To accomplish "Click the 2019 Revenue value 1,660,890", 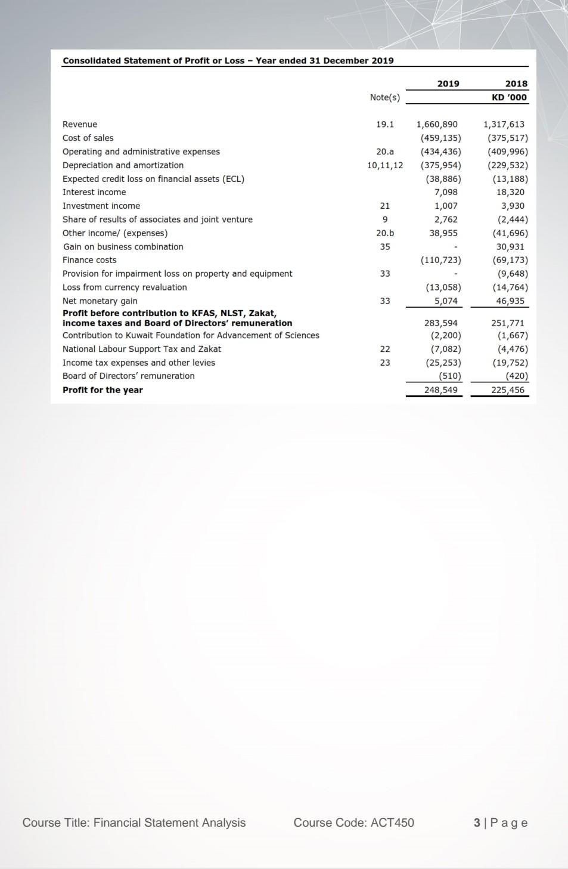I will click(x=437, y=124).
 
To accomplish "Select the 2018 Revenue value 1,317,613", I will click(x=504, y=124).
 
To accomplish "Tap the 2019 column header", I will click(x=448, y=84).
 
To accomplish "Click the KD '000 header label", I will click(x=508, y=97).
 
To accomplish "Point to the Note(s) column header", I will click(x=385, y=97).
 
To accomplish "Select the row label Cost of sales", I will click(x=88, y=138).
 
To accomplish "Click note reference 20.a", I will click(x=385, y=151).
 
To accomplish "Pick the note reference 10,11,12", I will click(x=385, y=165).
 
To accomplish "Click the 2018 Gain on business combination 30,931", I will click(x=510, y=246).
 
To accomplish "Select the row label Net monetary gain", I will click(x=100, y=301).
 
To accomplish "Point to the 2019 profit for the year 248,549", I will click(x=441, y=389).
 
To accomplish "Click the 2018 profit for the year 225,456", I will click(x=508, y=389).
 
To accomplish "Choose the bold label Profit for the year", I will click(x=103, y=390).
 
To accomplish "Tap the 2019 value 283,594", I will click(x=441, y=323).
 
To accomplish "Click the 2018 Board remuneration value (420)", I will click(x=516, y=376).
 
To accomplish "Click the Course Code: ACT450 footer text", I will click(x=353, y=822).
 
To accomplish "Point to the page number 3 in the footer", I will click(x=477, y=822).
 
